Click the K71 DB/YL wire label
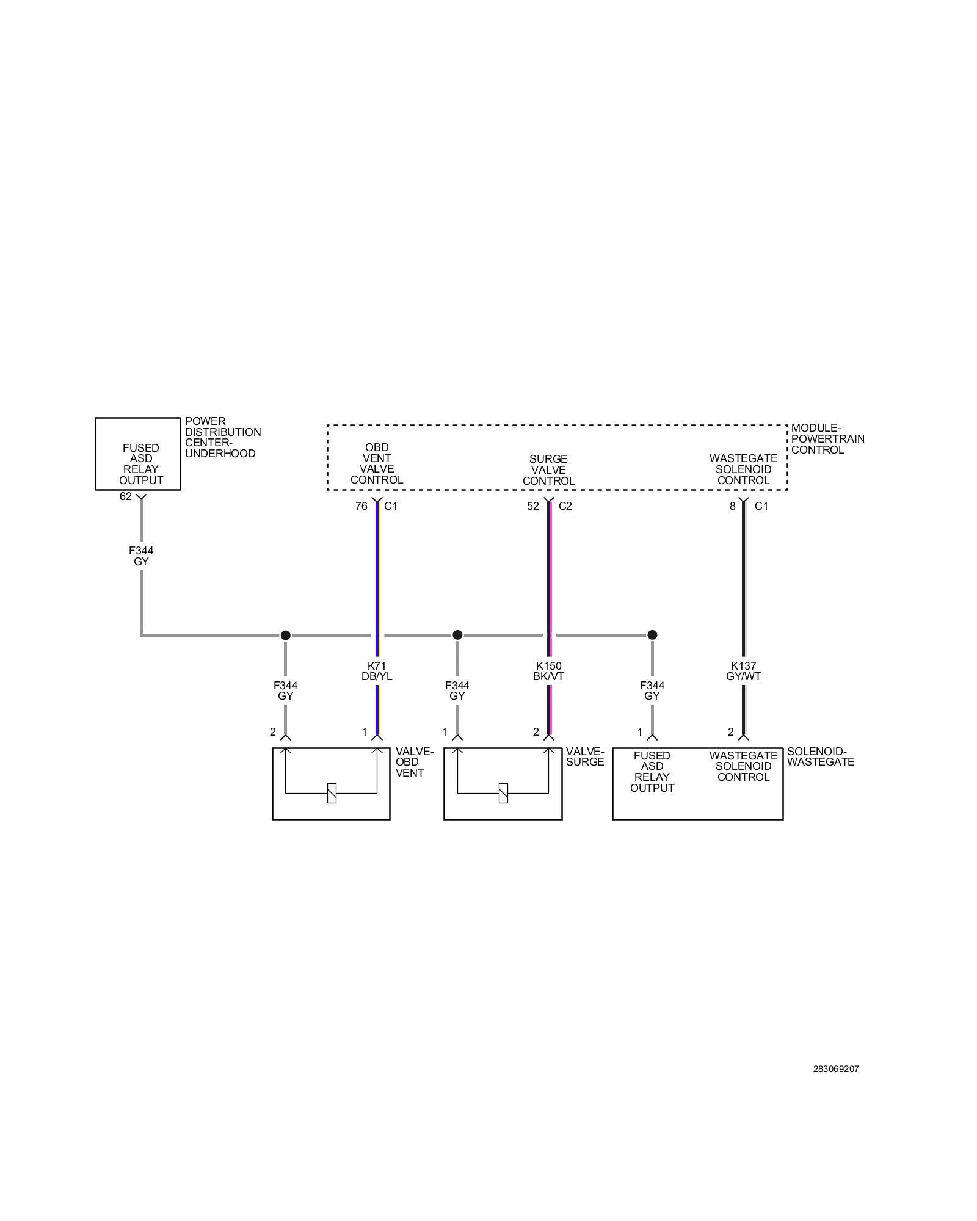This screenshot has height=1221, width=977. point(377,671)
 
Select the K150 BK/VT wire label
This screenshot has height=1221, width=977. point(548,671)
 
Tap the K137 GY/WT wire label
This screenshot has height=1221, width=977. point(743,671)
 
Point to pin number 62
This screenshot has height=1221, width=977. point(126,496)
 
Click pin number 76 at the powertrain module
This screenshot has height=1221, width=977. point(361,505)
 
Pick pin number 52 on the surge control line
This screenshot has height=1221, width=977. point(533,505)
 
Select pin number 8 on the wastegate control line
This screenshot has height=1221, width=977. point(733,505)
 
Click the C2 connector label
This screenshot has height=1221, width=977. point(565,505)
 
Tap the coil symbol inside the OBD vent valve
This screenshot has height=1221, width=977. point(332,792)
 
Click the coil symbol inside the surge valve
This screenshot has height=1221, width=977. point(503,792)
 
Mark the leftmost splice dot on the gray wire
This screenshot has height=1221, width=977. point(285,635)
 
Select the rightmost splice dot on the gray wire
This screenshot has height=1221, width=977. point(652,635)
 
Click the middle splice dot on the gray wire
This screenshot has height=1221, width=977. point(457,635)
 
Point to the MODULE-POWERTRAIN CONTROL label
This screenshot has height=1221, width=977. point(827,439)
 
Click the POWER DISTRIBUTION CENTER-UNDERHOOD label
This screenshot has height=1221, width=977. point(222,437)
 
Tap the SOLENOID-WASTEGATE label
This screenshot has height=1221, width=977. point(820,756)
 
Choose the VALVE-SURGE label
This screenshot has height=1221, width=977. point(584,756)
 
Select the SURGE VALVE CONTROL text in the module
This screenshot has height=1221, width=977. point(548,469)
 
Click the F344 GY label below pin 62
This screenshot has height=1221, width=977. point(141,556)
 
